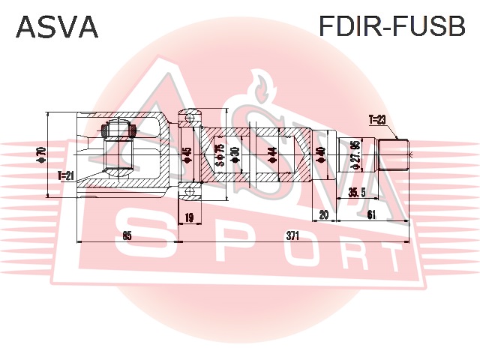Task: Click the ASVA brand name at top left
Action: tap(57, 28)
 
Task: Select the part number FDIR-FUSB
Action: tap(392, 28)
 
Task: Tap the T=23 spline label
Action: tap(377, 119)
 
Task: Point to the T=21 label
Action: tap(66, 176)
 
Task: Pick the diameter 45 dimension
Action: tap(187, 156)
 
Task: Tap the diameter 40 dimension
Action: tap(321, 156)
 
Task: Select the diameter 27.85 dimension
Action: tap(356, 156)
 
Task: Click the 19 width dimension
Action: tap(189, 217)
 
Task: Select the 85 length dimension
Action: tap(127, 235)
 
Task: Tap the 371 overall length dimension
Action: tap(292, 235)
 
